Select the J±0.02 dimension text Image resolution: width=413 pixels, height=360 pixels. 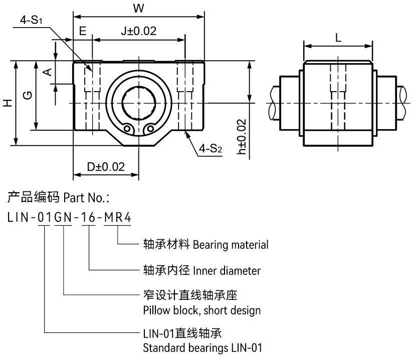[x=138, y=31]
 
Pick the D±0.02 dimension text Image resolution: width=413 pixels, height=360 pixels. [x=106, y=166]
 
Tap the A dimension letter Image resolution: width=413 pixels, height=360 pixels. [x=47, y=72]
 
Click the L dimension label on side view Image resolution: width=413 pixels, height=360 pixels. [x=338, y=38]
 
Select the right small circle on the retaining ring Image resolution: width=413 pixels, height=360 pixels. [x=148, y=129]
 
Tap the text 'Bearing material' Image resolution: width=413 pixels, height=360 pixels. [x=231, y=245]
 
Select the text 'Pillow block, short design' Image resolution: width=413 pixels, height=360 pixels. [x=201, y=310]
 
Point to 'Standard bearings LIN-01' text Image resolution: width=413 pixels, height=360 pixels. [x=202, y=347]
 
